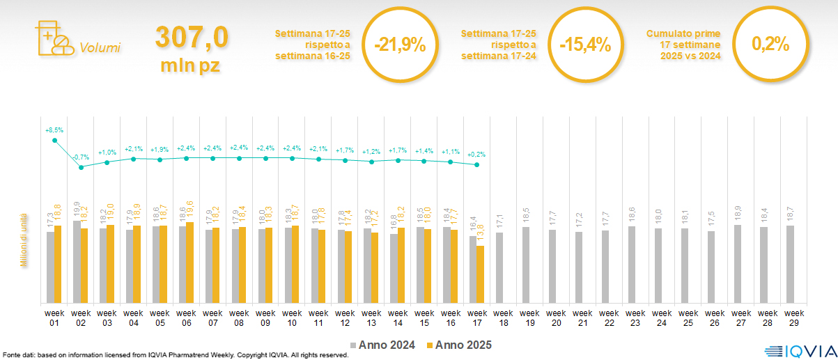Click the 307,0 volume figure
pyautogui.click(x=191, y=38)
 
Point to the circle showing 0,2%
pyautogui.click(x=770, y=45)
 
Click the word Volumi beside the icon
pyautogui.click(x=100, y=48)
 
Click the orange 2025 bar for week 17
pyautogui.click(x=480, y=274)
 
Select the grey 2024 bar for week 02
pyautogui.click(x=77, y=262)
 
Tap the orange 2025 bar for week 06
pyautogui.click(x=190, y=263)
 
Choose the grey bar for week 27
pyautogui.click(x=737, y=264)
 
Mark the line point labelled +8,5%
pyautogui.click(x=54, y=141)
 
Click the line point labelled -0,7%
pyautogui.click(x=81, y=167)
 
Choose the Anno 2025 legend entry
pyautogui.click(x=459, y=345)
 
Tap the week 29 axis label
pyautogui.click(x=791, y=317)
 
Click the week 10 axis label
pyautogui.click(x=292, y=317)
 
